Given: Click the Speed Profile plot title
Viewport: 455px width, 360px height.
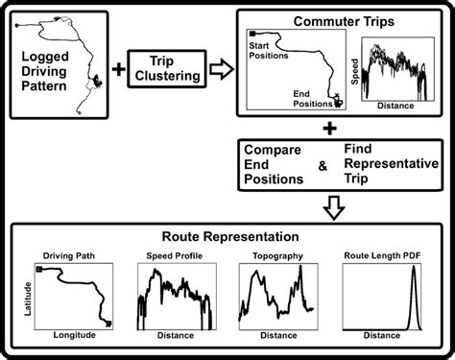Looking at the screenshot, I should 175,255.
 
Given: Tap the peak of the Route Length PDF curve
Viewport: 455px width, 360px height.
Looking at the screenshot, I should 413,270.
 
